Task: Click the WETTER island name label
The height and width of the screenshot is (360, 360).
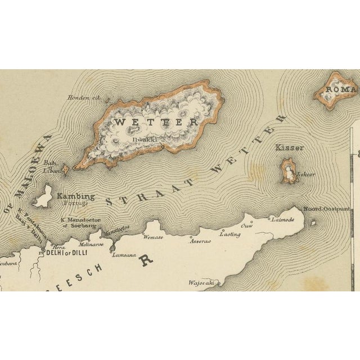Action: (x=155, y=121)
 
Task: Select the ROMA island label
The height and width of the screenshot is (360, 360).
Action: (x=343, y=90)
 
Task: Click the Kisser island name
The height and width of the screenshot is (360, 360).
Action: (x=289, y=148)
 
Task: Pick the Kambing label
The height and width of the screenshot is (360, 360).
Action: (x=76, y=196)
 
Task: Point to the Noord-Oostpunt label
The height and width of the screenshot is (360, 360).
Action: (x=326, y=209)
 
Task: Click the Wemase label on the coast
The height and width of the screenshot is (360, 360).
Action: (x=153, y=238)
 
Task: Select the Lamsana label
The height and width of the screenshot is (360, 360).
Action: (x=124, y=255)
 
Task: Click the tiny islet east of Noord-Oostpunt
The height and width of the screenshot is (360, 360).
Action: (x=313, y=222)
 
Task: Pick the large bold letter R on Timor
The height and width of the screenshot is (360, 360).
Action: (x=147, y=260)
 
